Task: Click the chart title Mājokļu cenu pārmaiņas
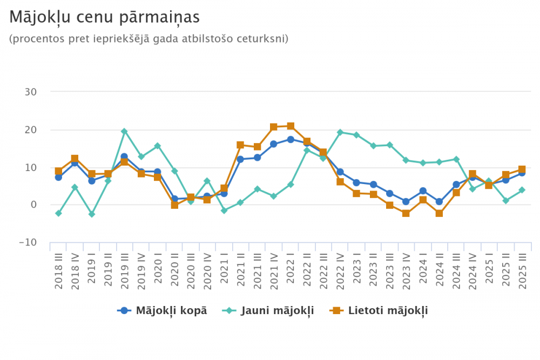[105, 17]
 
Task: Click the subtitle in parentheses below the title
[148, 39]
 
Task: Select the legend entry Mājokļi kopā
[162, 310]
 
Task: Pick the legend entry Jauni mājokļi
[268, 310]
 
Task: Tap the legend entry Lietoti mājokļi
[380, 310]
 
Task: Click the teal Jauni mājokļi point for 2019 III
[124, 131]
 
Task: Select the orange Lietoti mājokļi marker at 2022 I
[291, 126]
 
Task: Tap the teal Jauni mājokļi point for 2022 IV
[340, 132]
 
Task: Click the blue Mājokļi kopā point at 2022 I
[291, 139]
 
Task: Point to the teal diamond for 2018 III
[58, 213]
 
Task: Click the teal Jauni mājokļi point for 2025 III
[522, 190]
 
